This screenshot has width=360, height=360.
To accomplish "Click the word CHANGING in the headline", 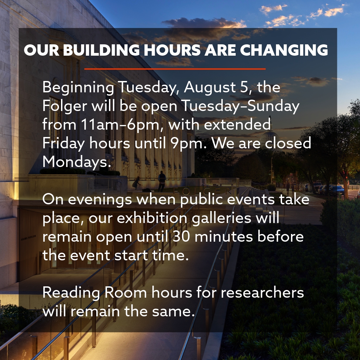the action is (x=284, y=50).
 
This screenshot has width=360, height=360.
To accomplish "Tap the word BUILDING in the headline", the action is (x=101, y=50).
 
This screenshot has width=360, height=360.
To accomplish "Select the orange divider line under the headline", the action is (x=175, y=69).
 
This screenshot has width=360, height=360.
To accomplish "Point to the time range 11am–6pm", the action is (x=122, y=125).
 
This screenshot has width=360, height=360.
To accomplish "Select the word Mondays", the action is (x=77, y=162).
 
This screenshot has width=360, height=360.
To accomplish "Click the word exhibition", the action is (x=152, y=218).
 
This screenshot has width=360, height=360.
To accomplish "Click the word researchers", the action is (x=262, y=293).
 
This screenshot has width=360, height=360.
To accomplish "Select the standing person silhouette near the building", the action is (x=162, y=181).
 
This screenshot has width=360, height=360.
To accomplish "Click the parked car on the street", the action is (x=336, y=190).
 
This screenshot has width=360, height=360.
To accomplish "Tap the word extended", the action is (x=237, y=125).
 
